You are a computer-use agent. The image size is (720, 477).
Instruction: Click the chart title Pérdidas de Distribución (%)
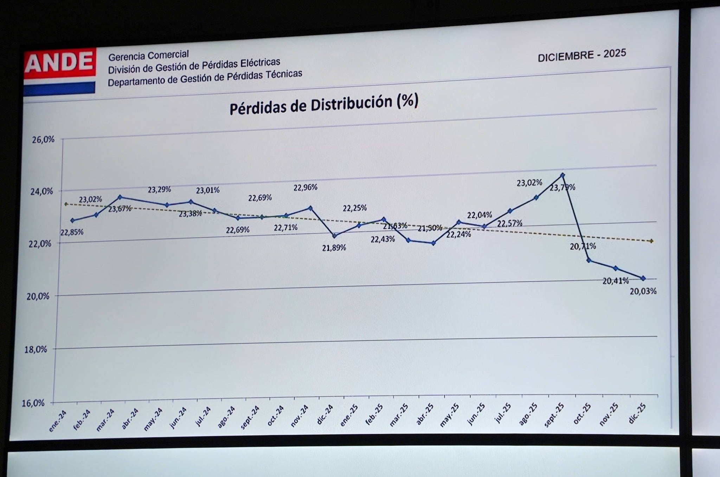(324, 104)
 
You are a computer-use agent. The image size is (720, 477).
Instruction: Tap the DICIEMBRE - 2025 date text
(582, 55)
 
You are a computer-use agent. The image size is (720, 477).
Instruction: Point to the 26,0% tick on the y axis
(43, 140)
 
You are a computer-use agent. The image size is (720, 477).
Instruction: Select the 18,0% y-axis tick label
(36, 349)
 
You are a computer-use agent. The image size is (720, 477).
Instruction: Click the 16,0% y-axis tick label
(33, 403)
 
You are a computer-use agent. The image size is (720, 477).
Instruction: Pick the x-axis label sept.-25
(554, 415)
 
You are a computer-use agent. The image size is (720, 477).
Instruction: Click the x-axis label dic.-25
(637, 413)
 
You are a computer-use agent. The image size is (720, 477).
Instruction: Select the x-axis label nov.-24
(300, 416)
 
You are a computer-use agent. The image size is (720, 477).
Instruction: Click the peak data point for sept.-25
(562, 175)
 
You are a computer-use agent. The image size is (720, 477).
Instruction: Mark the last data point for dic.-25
(643, 278)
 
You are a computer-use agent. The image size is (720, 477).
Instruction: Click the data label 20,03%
(643, 291)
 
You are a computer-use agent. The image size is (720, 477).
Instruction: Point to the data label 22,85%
(72, 232)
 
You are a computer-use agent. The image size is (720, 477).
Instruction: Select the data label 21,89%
(334, 248)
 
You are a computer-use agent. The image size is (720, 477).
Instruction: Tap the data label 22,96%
(305, 188)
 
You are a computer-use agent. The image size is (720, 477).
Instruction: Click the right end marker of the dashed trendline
(651, 241)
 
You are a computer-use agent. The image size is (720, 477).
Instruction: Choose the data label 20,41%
(616, 281)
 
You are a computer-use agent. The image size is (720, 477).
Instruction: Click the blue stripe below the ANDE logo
(59, 88)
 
